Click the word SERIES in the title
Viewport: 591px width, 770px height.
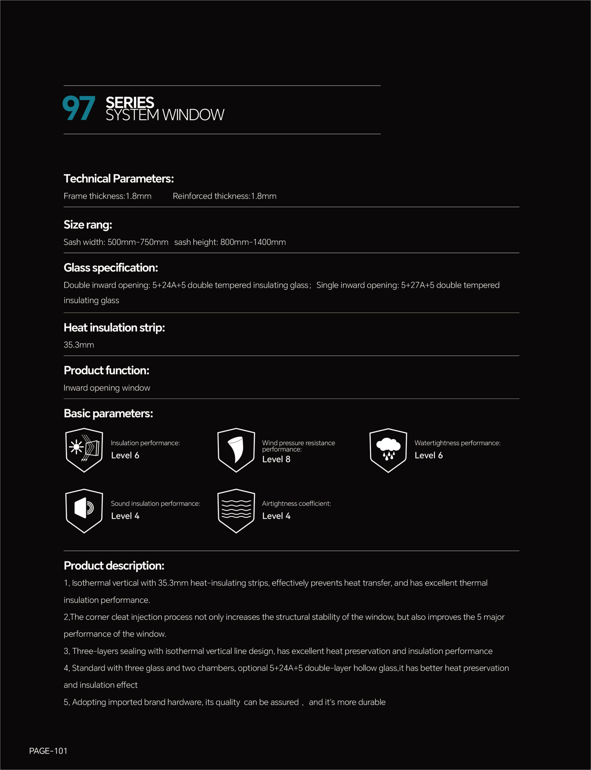(x=130, y=102)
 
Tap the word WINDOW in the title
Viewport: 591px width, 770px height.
(x=193, y=115)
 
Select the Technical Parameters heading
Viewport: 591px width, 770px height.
(x=119, y=179)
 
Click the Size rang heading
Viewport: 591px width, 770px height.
(x=88, y=225)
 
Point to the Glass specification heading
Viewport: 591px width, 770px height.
(x=110, y=267)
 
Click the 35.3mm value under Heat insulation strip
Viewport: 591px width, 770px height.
(x=79, y=345)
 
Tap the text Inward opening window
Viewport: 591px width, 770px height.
(x=107, y=388)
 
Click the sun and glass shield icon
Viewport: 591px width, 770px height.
(x=84, y=450)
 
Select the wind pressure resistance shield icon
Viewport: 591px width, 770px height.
(x=236, y=450)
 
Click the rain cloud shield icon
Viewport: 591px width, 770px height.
(x=388, y=450)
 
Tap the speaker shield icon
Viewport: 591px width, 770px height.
(x=84, y=511)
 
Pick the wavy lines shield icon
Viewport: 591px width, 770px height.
(x=236, y=511)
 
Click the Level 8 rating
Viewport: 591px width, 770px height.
(x=276, y=459)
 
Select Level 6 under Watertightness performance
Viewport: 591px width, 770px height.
(x=428, y=455)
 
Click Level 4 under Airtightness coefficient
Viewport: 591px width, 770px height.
(x=276, y=516)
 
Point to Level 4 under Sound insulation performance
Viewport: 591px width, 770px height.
(x=125, y=516)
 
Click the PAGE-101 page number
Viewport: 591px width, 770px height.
(x=48, y=751)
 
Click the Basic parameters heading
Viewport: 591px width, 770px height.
(x=108, y=413)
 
